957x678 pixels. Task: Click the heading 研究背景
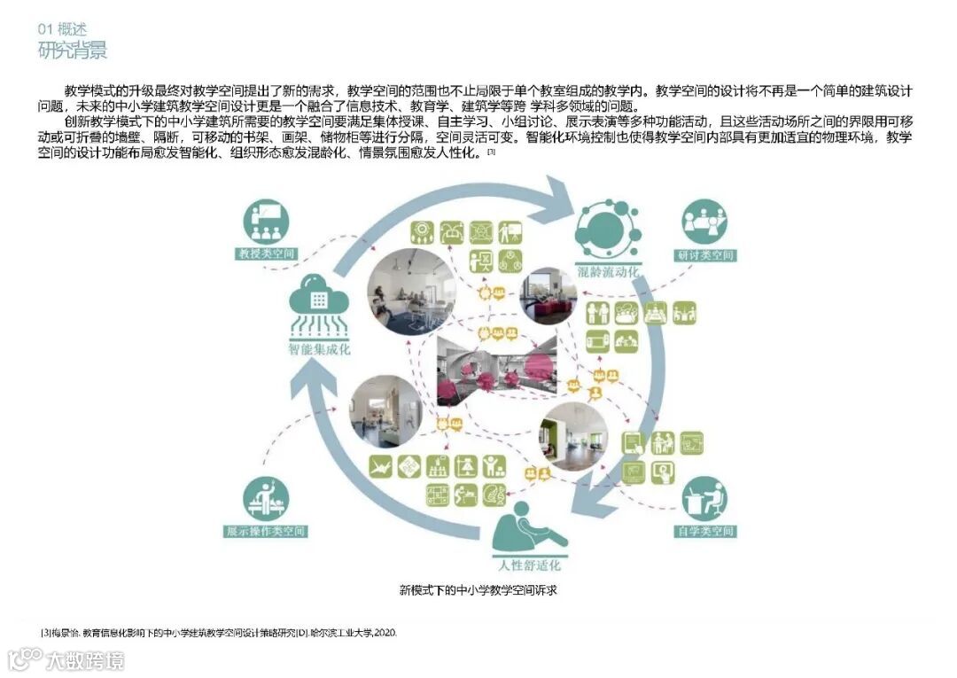[73, 50]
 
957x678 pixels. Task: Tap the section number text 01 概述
[62, 29]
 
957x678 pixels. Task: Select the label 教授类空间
[265, 254]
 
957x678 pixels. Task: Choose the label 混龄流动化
[607, 271]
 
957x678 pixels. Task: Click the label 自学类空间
[705, 532]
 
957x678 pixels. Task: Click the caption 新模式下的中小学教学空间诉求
[478, 589]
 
